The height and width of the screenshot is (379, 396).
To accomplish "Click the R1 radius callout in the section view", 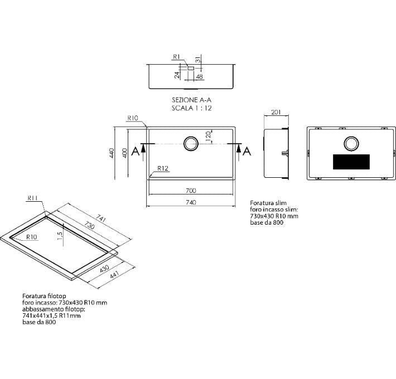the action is [x=176, y=57].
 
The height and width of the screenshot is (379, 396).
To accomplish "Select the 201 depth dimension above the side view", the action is [x=276, y=112].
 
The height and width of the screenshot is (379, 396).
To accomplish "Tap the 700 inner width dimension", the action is [x=191, y=191].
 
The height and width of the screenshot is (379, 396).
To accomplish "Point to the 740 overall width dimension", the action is [x=191, y=202].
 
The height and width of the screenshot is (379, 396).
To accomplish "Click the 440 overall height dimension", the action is [x=112, y=153].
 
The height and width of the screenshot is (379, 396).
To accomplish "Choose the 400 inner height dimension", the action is [x=125, y=153].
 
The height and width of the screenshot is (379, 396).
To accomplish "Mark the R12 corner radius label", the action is [x=163, y=168].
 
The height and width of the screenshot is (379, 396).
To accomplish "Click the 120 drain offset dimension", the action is [x=209, y=137].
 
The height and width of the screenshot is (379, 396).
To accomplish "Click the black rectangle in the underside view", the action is [x=351, y=162].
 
